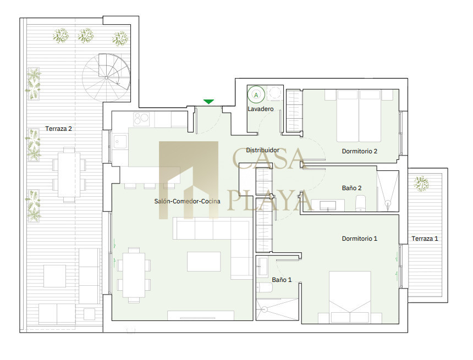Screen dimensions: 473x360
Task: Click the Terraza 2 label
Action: pos(58,129)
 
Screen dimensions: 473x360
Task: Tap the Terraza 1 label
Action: pos(425,239)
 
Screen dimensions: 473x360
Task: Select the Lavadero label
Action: pos(261,109)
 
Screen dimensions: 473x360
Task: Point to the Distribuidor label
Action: pos(262,150)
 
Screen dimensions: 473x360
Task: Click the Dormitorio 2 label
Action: pos(360,151)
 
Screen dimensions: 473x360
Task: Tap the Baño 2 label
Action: pos(352,188)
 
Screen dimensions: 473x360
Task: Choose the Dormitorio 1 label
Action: pos(360,239)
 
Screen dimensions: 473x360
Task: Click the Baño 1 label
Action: pos(282,280)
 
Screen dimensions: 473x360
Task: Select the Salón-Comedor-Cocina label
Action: pos(188,201)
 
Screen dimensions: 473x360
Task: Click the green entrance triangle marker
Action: pos(208,102)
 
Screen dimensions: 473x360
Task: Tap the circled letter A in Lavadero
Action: pos(256,95)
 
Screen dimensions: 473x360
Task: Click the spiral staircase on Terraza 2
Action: pos(107,78)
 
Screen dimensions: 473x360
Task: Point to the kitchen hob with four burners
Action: pos(141,119)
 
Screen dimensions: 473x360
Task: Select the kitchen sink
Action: pos(120,142)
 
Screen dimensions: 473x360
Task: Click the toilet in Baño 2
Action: pos(360,203)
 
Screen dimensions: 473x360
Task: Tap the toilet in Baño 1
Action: pos(265,287)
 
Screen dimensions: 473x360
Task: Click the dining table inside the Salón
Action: pos(134,275)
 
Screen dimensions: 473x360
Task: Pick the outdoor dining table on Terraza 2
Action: pos(69,175)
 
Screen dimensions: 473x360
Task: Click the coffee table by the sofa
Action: pos(204,262)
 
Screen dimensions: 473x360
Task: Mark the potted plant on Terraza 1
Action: pos(421,184)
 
